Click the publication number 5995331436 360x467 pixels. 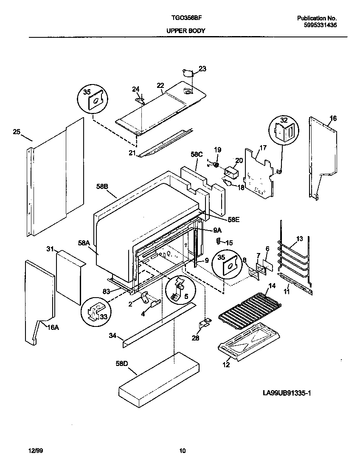(x=321, y=25)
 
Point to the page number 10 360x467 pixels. (x=182, y=451)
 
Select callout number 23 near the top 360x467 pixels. (x=202, y=69)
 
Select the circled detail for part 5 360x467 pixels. (x=178, y=290)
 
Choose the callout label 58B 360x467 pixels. (x=102, y=186)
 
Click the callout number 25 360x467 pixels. (x=17, y=132)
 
